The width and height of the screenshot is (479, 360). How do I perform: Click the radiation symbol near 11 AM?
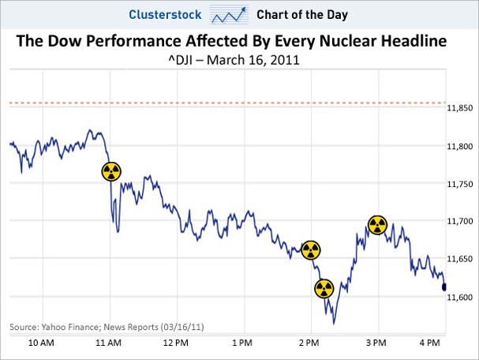(112, 171)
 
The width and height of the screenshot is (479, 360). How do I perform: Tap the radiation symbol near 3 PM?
(378, 225)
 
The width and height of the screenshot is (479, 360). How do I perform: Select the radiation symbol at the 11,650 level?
(311, 250)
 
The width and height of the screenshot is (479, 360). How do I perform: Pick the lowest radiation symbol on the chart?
(324, 288)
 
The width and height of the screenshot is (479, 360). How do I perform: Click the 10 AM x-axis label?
(40, 343)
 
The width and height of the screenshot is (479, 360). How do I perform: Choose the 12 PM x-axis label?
(175, 343)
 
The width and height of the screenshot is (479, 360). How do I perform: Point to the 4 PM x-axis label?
(428, 343)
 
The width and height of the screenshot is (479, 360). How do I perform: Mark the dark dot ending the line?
(444, 287)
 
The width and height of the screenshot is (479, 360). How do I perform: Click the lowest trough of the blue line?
(335, 323)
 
